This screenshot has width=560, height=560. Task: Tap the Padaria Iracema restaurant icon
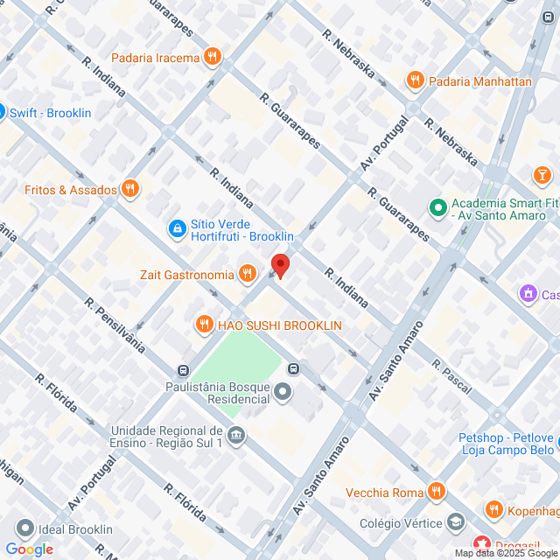[x=212, y=59]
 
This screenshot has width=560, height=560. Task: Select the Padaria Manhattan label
[x=481, y=81]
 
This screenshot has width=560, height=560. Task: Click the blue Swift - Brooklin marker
[x=2, y=112]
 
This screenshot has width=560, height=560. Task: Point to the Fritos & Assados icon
[x=130, y=189]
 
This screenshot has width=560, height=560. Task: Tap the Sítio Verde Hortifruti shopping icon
[x=177, y=228]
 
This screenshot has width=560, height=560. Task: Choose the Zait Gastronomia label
[x=186, y=275]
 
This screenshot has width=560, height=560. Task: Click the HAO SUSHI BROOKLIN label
[x=279, y=325]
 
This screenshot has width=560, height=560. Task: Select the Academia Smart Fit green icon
[x=437, y=207]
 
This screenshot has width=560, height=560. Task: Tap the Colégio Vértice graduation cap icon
[x=455, y=523]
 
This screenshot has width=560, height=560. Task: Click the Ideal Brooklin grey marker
[x=24, y=529]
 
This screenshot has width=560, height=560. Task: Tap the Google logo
[x=29, y=549]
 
